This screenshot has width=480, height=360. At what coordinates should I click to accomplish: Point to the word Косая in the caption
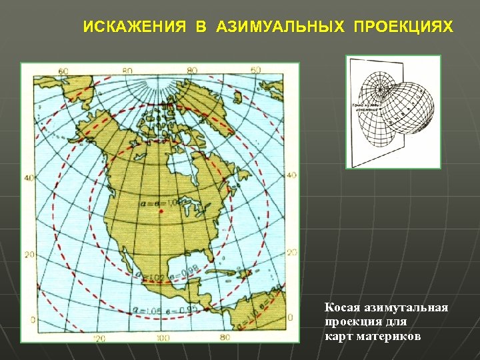point(342,308)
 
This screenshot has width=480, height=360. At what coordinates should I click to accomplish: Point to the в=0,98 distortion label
point(179,273)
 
